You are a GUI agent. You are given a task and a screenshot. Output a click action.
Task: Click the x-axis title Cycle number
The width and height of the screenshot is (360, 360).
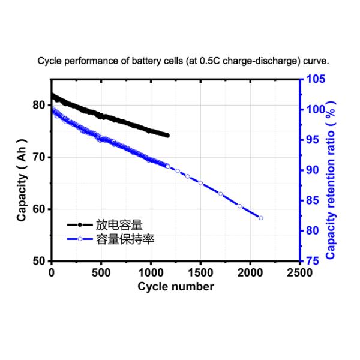[175, 286]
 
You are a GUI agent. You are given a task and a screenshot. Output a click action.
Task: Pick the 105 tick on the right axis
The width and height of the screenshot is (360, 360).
[316, 79]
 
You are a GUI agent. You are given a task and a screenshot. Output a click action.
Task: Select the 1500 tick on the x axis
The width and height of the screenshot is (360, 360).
[200, 273]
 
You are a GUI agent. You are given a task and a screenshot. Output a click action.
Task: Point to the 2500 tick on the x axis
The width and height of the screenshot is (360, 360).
[299, 273]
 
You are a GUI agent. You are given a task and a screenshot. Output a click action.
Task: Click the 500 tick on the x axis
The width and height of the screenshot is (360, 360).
[101, 273]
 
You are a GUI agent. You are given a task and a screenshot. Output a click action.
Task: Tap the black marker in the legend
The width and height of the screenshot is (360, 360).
[80, 225]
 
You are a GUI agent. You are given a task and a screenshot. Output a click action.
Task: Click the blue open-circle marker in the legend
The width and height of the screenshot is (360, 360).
[80, 239]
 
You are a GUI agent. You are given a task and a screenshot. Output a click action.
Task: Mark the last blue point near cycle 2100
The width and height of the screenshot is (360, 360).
[260, 218]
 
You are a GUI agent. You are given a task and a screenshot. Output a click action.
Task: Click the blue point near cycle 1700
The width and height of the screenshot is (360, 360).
[220, 194]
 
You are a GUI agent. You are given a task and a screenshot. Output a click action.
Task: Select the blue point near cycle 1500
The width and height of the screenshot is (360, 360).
[200, 183]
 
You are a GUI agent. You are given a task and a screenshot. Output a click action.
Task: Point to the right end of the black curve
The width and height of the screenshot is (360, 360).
[167, 136]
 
